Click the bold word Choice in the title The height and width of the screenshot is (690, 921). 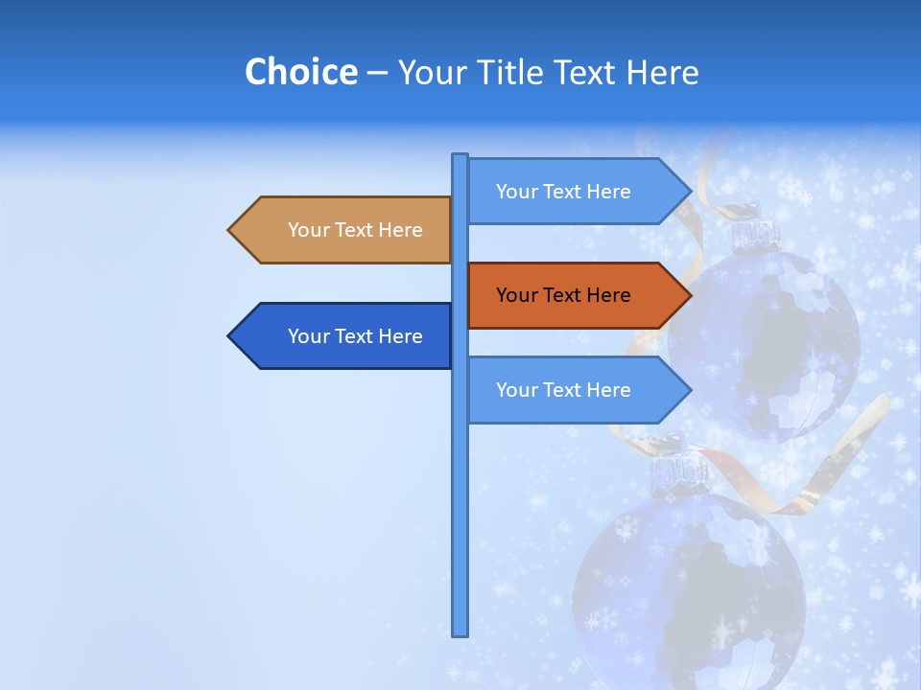[x=300, y=72]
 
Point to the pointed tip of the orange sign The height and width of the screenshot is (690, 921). [x=688, y=295]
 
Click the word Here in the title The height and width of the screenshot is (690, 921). [x=662, y=72]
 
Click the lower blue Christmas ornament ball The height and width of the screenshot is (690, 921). [x=691, y=585]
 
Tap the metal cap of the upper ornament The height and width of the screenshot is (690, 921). [x=756, y=230]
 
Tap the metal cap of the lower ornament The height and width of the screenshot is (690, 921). [x=679, y=471]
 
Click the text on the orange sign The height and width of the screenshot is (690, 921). [x=563, y=295]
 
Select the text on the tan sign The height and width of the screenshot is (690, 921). [x=355, y=230]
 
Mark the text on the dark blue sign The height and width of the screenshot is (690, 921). [x=355, y=336]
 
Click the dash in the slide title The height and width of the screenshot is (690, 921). [x=377, y=73]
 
